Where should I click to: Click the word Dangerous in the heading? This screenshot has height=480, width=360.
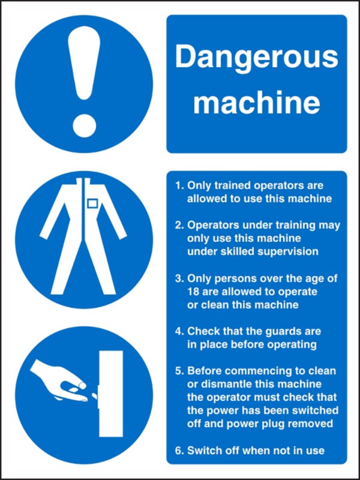coord(256,58)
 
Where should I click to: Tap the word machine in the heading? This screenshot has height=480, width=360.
coord(256,103)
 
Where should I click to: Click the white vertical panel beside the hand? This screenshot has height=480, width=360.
coord(109,393)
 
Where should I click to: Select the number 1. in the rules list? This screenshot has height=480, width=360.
coord(179,186)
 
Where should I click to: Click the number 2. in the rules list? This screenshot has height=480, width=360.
coord(179,226)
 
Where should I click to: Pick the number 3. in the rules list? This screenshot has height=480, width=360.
coord(179,278)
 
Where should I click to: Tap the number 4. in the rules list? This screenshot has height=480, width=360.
coord(179,331)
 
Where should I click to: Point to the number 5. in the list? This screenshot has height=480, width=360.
coord(179,371)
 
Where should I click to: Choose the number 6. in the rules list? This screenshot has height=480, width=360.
coord(179,450)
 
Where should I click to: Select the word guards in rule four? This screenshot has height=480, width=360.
coord(281,331)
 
